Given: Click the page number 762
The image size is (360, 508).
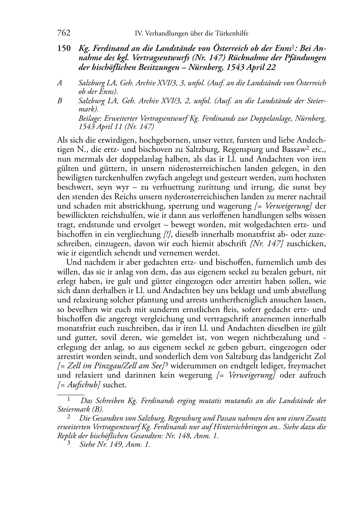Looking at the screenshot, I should coord(64,33).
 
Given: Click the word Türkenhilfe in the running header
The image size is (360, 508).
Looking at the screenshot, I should coord(232,34).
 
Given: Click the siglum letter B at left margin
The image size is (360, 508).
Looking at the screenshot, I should coord(60,101).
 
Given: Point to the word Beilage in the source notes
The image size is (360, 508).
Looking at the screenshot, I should coord(89,119).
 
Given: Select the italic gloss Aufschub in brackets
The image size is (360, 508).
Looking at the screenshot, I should coord(80,385).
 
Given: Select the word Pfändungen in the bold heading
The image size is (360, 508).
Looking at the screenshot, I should coord(305,58).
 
